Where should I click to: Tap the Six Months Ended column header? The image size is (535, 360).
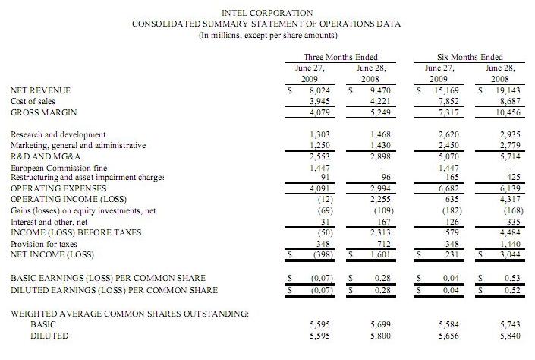470,57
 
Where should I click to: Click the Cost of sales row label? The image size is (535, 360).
33,100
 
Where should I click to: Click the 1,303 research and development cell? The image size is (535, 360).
321,134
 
